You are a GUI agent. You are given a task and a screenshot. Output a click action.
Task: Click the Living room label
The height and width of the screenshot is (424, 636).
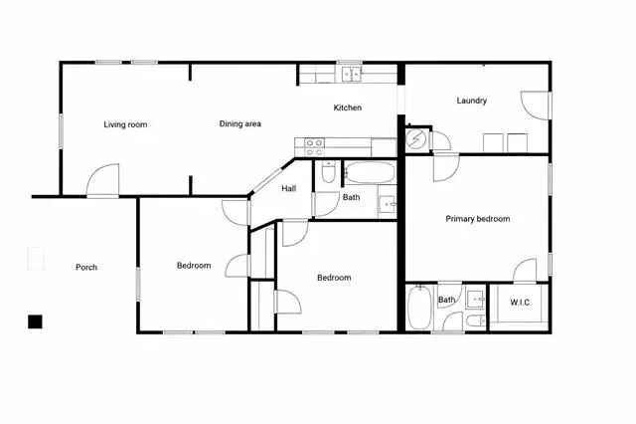[x=125, y=124]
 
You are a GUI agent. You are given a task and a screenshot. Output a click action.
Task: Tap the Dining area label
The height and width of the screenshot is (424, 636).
[x=240, y=123]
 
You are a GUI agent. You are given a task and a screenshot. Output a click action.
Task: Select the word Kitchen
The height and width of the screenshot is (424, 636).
[x=347, y=107]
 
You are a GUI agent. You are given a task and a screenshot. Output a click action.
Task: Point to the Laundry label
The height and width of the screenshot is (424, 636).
[x=471, y=101]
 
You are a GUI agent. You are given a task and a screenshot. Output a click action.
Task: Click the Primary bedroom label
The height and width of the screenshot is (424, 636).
[x=478, y=219]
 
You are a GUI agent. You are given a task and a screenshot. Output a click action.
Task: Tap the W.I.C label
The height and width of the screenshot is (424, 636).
[x=520, y=303]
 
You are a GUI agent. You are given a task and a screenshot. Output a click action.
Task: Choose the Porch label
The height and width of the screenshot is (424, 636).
[x=86, y=267]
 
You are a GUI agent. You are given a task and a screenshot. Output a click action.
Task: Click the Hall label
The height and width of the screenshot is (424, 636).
[x=289, y=188]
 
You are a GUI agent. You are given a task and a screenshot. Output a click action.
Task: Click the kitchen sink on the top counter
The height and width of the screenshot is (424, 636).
[x=351, y=75]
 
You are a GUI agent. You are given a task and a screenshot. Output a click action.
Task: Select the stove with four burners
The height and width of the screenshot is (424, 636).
[x=314, y=147]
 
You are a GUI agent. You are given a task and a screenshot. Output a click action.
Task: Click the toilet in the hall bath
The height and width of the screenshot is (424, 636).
[x=328, y=172]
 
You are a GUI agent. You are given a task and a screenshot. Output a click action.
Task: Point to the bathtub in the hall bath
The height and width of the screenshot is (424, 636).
[x=371, y=172]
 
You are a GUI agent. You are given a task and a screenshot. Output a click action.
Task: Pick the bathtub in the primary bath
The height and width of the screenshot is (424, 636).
[x=419, y=308]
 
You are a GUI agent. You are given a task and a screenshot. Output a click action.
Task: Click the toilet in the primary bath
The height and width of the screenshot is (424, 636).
[x=475, y=320]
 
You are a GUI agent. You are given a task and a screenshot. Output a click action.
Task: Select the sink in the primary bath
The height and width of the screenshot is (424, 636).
[x=475, y=300]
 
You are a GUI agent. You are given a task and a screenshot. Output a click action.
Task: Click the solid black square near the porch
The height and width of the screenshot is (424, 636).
[x=35, y=321]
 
